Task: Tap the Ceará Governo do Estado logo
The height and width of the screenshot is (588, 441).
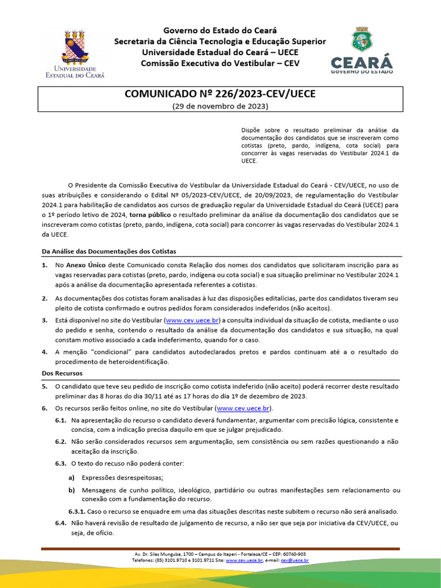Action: (362, 50)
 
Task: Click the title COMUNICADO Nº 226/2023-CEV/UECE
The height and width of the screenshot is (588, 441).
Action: (220, 94)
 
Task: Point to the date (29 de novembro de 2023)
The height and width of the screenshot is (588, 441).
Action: (220, 106)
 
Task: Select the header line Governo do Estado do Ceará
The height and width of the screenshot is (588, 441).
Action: (220, 30)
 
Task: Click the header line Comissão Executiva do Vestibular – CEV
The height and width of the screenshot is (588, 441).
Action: (220, 63)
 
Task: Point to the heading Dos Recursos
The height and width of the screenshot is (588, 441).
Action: (61, 373)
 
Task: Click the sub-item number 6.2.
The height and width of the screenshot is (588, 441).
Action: (61, 441)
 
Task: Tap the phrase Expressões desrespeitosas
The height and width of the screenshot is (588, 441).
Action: (122, 477)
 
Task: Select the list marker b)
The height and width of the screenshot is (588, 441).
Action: (72, 490)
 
